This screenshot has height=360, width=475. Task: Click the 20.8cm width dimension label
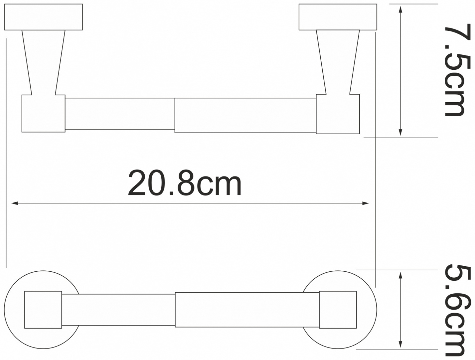tap(185, 183)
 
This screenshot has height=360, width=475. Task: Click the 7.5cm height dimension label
tap(454, 70)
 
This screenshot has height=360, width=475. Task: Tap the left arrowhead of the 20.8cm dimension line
tap(15, 203)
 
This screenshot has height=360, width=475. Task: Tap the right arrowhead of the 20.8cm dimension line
tap(366, 203)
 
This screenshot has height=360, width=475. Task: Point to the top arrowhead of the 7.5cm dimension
tap(400, 9)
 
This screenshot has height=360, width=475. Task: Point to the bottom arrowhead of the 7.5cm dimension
tap(400, 132)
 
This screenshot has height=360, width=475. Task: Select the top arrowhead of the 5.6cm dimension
tap(400, 276)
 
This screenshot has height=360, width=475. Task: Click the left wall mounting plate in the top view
tap(43, 17)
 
